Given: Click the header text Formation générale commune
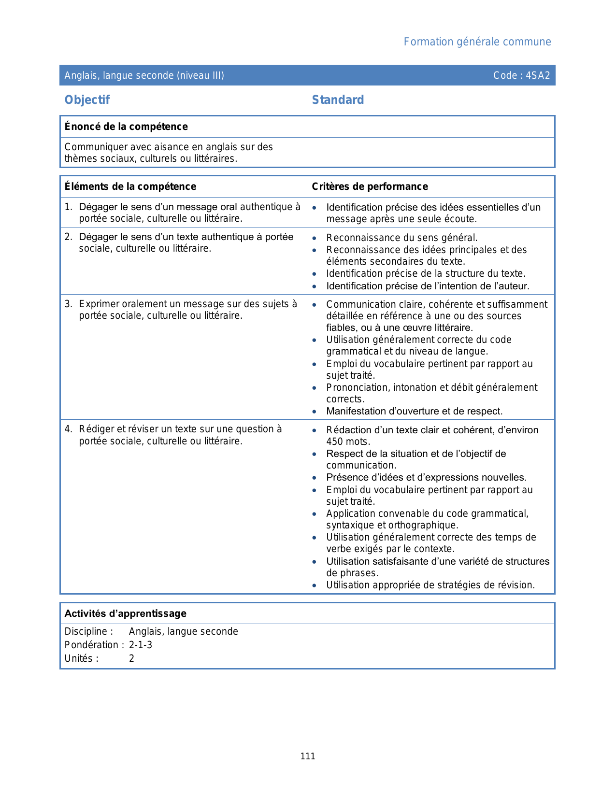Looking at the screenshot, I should [x=477, y=42].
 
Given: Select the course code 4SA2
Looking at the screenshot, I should [x=538, y=75].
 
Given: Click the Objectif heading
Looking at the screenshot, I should [x=87, y=100].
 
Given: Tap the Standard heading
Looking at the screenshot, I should [x=338, y=100].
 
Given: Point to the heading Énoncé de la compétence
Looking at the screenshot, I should [x=126, y=127].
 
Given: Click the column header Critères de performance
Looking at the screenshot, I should [x=370, y=186].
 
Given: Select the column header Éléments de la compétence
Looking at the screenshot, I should [x=130, y=186].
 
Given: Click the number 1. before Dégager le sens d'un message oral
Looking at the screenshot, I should [x=68, y=207].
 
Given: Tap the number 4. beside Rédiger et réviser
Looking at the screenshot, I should [x=68, y=429].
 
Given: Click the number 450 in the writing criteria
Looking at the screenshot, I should [x=334, y=442].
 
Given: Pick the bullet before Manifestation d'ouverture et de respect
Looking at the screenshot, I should [x=315, y=412].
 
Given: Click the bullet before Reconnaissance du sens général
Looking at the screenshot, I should [x=315, y=238].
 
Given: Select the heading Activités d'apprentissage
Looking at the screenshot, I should [x=125, y=613].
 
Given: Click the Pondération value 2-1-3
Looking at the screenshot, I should [x=141, y=645].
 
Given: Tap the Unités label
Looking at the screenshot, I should [x=79, y=659].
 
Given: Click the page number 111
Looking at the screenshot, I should [x=308, y=756].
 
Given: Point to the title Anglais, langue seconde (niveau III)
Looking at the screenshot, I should [x=144, y=75].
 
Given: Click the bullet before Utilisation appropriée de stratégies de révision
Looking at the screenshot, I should [x=315, y=586].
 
